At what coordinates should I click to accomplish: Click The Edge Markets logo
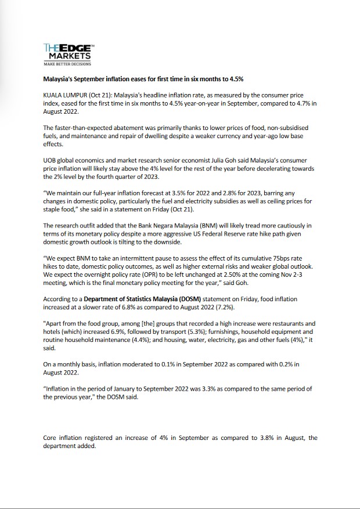[x=68, y=53]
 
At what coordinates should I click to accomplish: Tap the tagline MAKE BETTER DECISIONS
[x=67, y=64]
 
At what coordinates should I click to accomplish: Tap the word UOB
[x=51, y=160]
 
